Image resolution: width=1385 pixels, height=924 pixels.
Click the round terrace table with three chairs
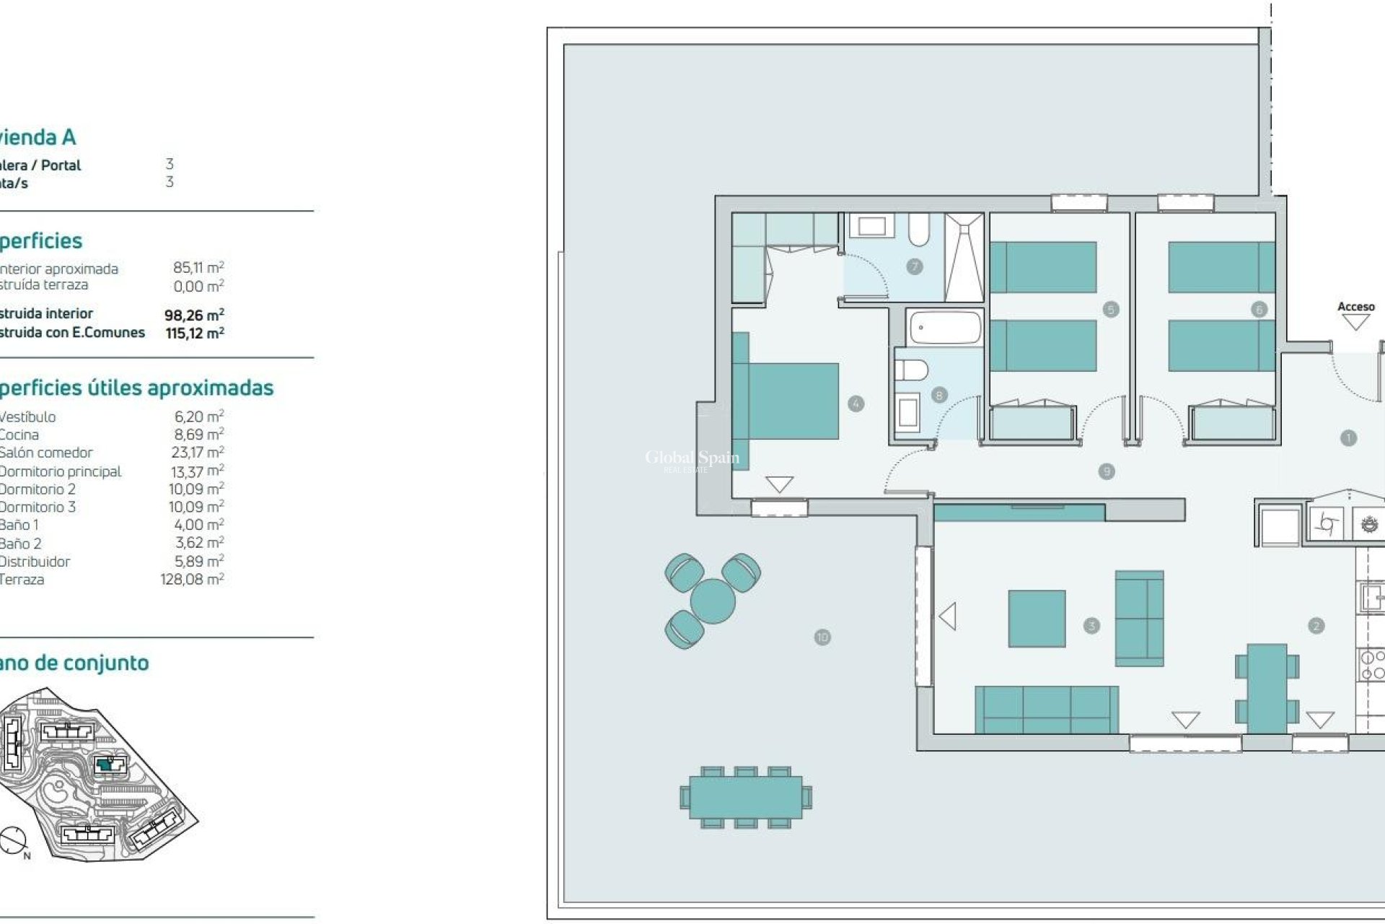tap(712, 601)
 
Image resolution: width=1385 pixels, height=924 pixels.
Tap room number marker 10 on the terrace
tap(822, 637)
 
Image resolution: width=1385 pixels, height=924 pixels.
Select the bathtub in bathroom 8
tap(945, 328)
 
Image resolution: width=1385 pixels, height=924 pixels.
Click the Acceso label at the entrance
tap(1355, 307)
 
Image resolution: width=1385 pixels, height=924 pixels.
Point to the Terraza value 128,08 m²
tap(192, 579)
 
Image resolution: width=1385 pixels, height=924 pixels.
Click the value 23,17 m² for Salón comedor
tap(197, 453)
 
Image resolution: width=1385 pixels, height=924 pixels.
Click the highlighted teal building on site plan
tap(106, 764)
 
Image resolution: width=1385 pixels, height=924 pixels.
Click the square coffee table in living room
tap(1037, 619)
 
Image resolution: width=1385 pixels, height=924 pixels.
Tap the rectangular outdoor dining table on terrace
tap(745, 798)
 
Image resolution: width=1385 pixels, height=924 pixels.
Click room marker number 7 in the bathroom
tap(915, 266)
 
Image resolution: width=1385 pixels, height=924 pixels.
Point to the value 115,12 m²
tap(195, 333)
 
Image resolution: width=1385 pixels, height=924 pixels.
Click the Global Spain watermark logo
tap(691, 459)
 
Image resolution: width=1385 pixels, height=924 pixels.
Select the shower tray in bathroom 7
tap(964, 257)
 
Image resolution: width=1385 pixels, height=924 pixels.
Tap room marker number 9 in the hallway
tap(1107, 472)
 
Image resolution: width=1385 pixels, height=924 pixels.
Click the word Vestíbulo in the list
tap(27, 417)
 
